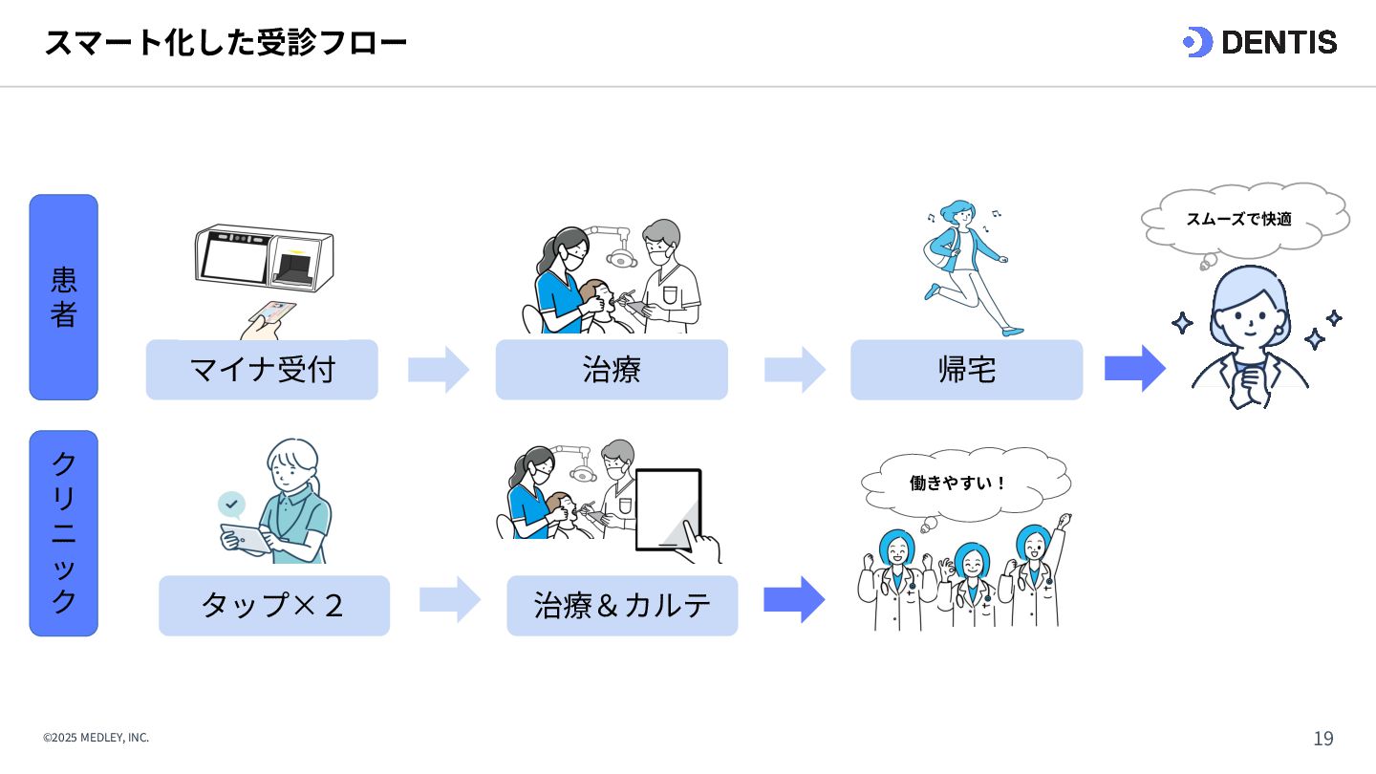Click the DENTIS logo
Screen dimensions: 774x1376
pos(1259,42)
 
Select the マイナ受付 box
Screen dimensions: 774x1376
pos(262,370)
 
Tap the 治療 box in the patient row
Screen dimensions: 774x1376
pos(612,370)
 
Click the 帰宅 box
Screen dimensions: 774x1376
pos(966,370)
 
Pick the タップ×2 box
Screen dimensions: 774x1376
pos(274,606)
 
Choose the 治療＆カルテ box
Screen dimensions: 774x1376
pos(622,606)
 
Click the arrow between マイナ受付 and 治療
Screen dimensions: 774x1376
pos(438,370)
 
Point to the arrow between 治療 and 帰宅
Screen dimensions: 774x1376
pos(793,370)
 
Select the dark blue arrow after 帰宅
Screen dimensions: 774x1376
pos(1134,369)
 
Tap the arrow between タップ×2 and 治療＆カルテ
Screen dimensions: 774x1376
pos(449,600)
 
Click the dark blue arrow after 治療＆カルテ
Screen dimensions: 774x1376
pos(793,600)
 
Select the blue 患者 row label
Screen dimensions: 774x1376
pos(64,297)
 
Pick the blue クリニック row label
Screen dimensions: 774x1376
pos(64,533)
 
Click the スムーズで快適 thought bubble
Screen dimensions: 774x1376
pos(1243,219)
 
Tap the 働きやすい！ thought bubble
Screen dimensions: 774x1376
pos(963,483)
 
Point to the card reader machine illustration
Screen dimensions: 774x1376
pos(264,257)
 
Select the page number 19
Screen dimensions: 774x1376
pos(1322,739)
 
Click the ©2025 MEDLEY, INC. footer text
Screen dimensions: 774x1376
pos(96,738)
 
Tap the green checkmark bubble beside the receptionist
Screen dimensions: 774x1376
pos(231,504)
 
